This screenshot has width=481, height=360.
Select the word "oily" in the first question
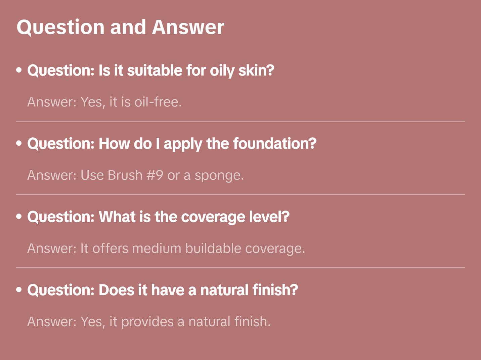pos(222,71)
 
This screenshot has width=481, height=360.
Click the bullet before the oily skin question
pos(19,70)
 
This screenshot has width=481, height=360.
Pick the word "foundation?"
pos(275,144)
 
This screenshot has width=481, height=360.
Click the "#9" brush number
pos(155,175)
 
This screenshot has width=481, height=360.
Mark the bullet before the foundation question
pos(19,143)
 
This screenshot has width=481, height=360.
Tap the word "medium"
pos(157,249)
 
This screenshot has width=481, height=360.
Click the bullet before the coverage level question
pos(19,217)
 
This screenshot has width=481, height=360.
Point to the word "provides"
pos(147,322)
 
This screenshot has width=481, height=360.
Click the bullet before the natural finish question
pos(19,290)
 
